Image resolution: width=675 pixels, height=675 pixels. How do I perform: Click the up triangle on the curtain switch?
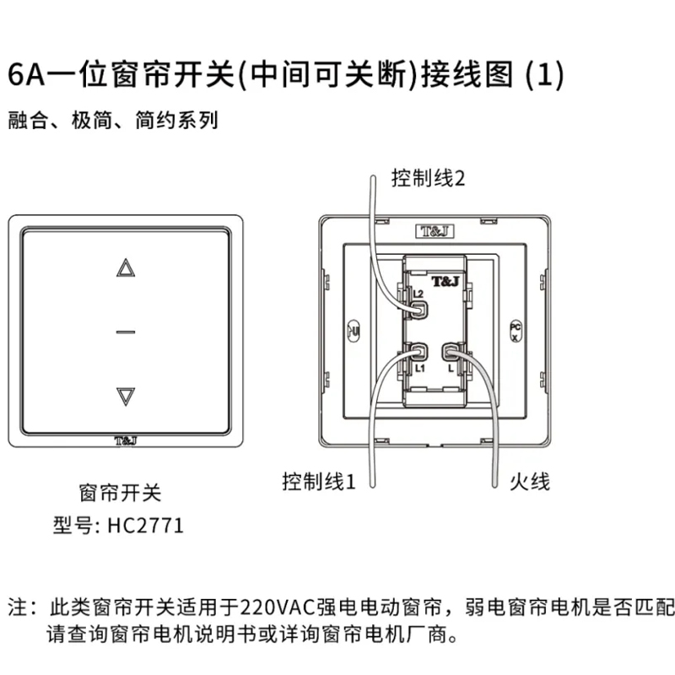pyautogui.click(x=126, y=268)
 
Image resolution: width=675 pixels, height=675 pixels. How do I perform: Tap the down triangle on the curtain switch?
pyautogui.click(x=126, y=395)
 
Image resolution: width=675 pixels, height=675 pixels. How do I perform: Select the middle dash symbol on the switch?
pyautogui.click(x=126, y=332)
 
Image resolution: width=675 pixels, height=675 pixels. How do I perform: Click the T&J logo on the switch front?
pyautogui.click(x=125, y=441)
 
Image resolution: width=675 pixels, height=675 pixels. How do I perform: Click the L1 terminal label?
pyautogui.click(x=419, y=369)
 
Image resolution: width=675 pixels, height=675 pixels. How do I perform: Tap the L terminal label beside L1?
pyautogui.click(x=451, y=369)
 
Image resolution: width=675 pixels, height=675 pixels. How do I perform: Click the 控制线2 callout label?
pyautogui.click(x=429, y=178)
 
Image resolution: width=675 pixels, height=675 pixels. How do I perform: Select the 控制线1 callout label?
pyautogui.click(x=320, y=482)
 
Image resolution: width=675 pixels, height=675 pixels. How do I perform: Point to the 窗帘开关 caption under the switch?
pyautogui.click(x=119, y=492)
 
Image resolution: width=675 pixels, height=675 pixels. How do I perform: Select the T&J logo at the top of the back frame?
pyautogui.click(x=432, y=229)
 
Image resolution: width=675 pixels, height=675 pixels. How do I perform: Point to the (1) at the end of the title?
pyautogui.click(x=543, y=75)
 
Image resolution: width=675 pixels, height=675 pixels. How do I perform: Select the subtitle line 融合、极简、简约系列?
pyautogui.click(x=113, y=121)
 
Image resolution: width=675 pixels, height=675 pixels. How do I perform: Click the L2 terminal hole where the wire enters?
pyautogui.click(x=418, y=308)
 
